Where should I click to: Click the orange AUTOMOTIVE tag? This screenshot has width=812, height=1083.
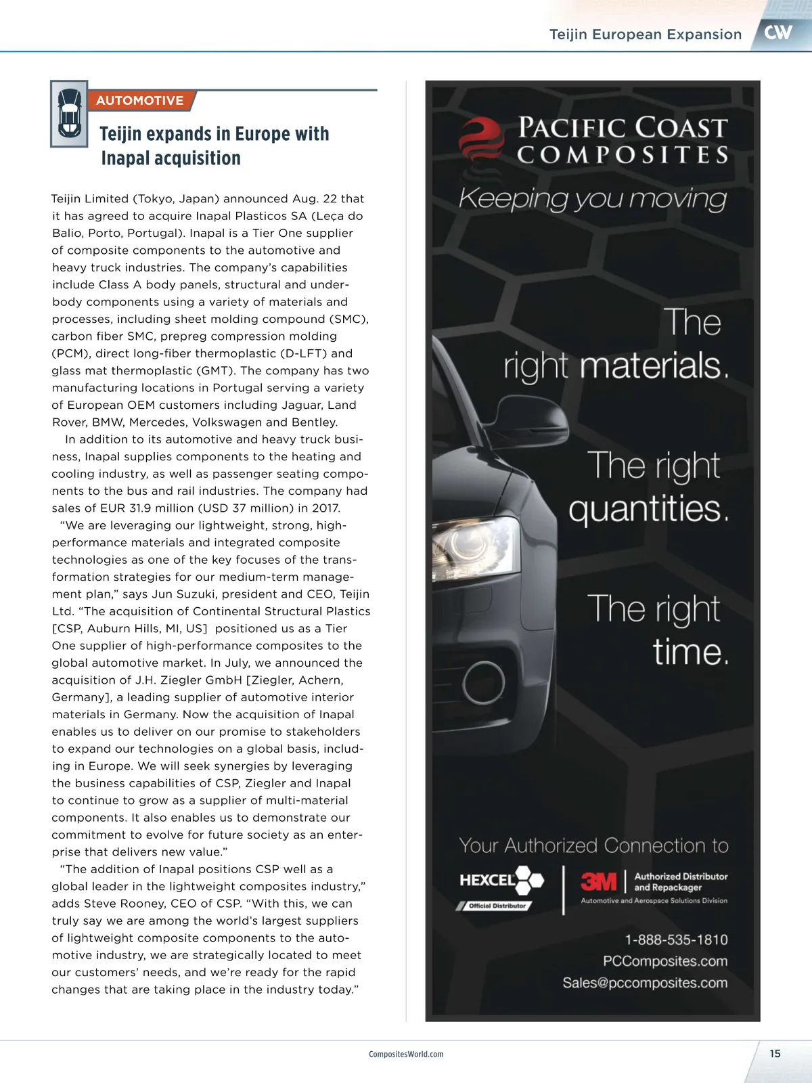pos(140,101)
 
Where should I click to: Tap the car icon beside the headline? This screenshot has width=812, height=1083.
pos(69,114)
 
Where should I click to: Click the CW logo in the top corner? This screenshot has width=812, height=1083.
pos(778,32)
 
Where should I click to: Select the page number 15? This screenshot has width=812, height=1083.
pos(775,1053)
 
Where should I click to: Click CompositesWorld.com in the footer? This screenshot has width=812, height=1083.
pos(406,1054)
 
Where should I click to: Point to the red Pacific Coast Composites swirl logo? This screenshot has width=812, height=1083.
pos(480,139)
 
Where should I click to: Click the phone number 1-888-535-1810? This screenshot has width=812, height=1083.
pos(676,940)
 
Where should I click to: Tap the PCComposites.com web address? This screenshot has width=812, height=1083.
pos(665,961)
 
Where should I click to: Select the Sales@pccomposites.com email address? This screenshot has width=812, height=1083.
pos(645,983)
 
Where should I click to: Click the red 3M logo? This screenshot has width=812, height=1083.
pos(599,881)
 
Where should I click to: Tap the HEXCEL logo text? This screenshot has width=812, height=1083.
pos(488,880)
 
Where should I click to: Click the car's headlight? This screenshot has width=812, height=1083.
pos(474,548)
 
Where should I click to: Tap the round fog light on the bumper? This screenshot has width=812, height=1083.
pos(484,682)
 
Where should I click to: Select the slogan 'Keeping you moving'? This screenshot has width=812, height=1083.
pos(593,198)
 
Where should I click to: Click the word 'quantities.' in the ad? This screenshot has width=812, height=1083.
pos(648,509)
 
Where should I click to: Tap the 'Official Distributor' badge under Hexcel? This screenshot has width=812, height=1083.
pos(497,906)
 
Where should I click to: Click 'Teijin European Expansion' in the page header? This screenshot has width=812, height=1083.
pos(646,35)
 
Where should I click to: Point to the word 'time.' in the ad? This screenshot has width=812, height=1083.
pos(690,652)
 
